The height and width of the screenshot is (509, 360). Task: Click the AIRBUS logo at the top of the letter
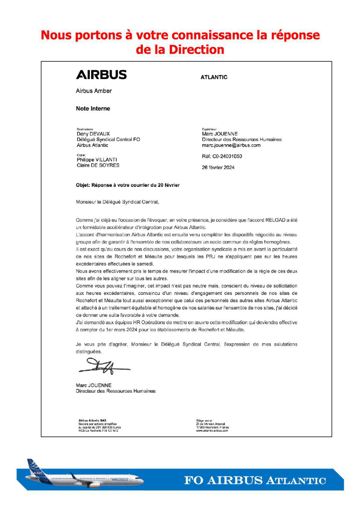pos(101,75)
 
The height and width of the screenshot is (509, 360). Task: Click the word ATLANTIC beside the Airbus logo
pos(214,77)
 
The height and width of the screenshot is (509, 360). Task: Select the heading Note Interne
pos(93,109)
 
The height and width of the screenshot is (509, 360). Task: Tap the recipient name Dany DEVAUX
pos(93,134)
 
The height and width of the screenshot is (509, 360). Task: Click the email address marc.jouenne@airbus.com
pos(231,145)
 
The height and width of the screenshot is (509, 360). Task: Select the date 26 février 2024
pos(218,167)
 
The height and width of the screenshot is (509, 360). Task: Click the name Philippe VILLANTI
pos(97,160)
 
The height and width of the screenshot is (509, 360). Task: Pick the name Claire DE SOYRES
pos(98,165)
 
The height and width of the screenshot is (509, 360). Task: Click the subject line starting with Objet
pos(128,185)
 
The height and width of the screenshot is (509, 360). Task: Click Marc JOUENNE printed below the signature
pos(94,385)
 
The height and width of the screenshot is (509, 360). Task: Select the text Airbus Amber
pos(94,91)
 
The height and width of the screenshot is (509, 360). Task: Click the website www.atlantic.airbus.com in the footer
pos(212,430)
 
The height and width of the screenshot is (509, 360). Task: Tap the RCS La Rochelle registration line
pos(98,430)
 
